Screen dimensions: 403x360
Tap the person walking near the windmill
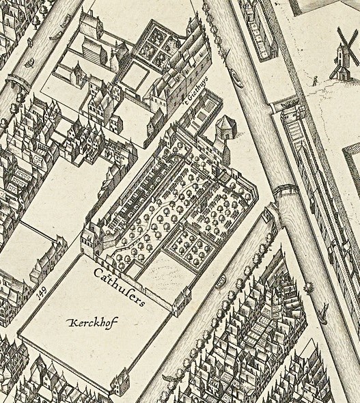[x=314, y=81]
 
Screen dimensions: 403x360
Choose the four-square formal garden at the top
[x=156, y=44]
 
